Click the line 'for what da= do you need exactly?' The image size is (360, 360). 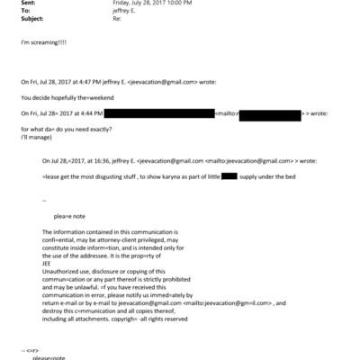[x=62, y=131]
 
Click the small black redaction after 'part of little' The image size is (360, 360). [x=229, y=175]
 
